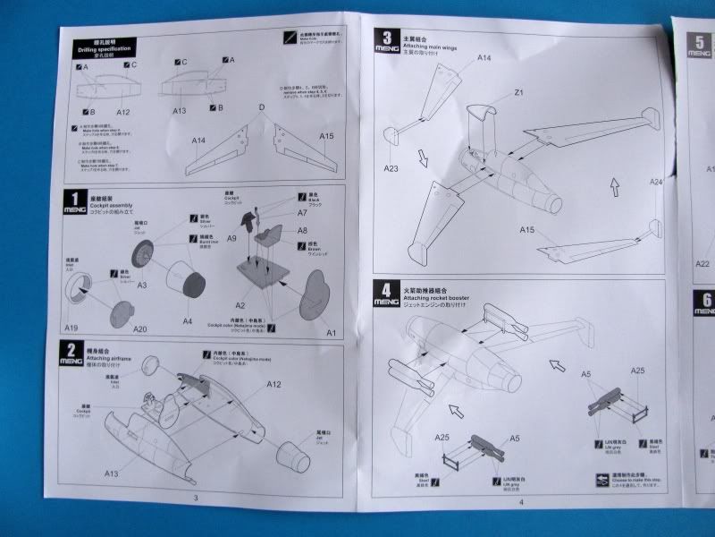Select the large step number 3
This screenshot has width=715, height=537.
(387, 38)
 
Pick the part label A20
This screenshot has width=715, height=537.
(140, 328)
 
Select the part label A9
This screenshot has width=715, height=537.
(231, 239)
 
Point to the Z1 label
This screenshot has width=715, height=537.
(518, 93)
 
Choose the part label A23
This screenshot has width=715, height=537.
(393, 166)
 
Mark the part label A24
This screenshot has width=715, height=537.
(656, 183)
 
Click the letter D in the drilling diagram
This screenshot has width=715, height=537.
(262, 107)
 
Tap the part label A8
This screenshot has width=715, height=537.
(302, 230)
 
